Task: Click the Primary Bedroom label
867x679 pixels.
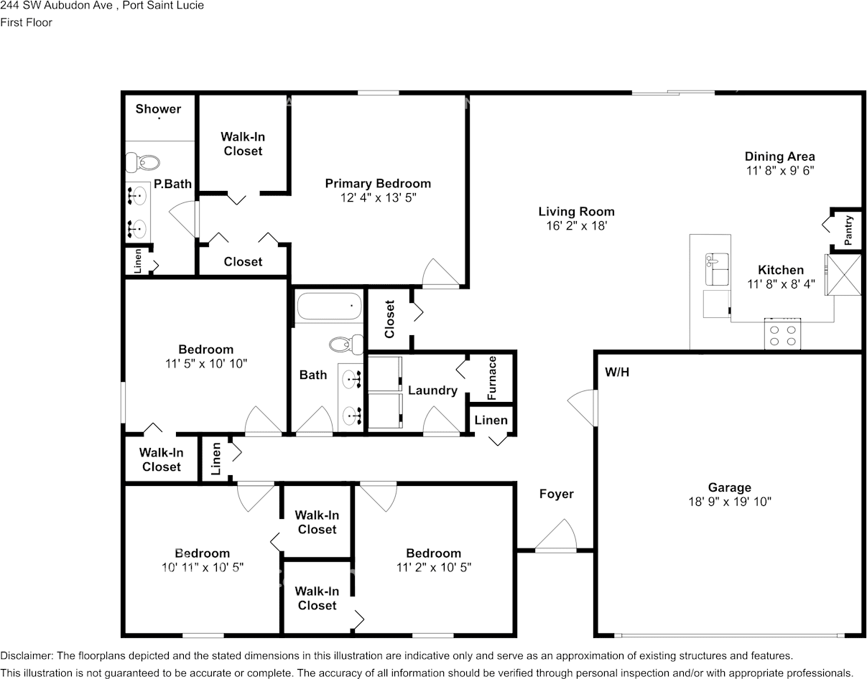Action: coord(378,184)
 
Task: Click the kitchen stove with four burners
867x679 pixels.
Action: coord(782,334)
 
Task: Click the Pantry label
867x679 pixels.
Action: coord(848,231)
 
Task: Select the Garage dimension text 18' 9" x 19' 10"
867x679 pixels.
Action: coord(729,502)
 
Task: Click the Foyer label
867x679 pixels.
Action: coord(557,494)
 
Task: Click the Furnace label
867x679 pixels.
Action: coord(492,378)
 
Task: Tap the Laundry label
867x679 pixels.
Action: coord(432,390)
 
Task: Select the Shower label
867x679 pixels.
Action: coord(158,109)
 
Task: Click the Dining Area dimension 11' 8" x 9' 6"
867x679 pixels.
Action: coord(779,171)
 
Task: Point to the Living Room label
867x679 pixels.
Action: coord(576,212)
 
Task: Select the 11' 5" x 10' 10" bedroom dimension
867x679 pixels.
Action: coord(205,364)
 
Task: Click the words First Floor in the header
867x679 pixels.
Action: coord(27,22)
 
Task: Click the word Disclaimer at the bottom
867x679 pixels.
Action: coord(26,656)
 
